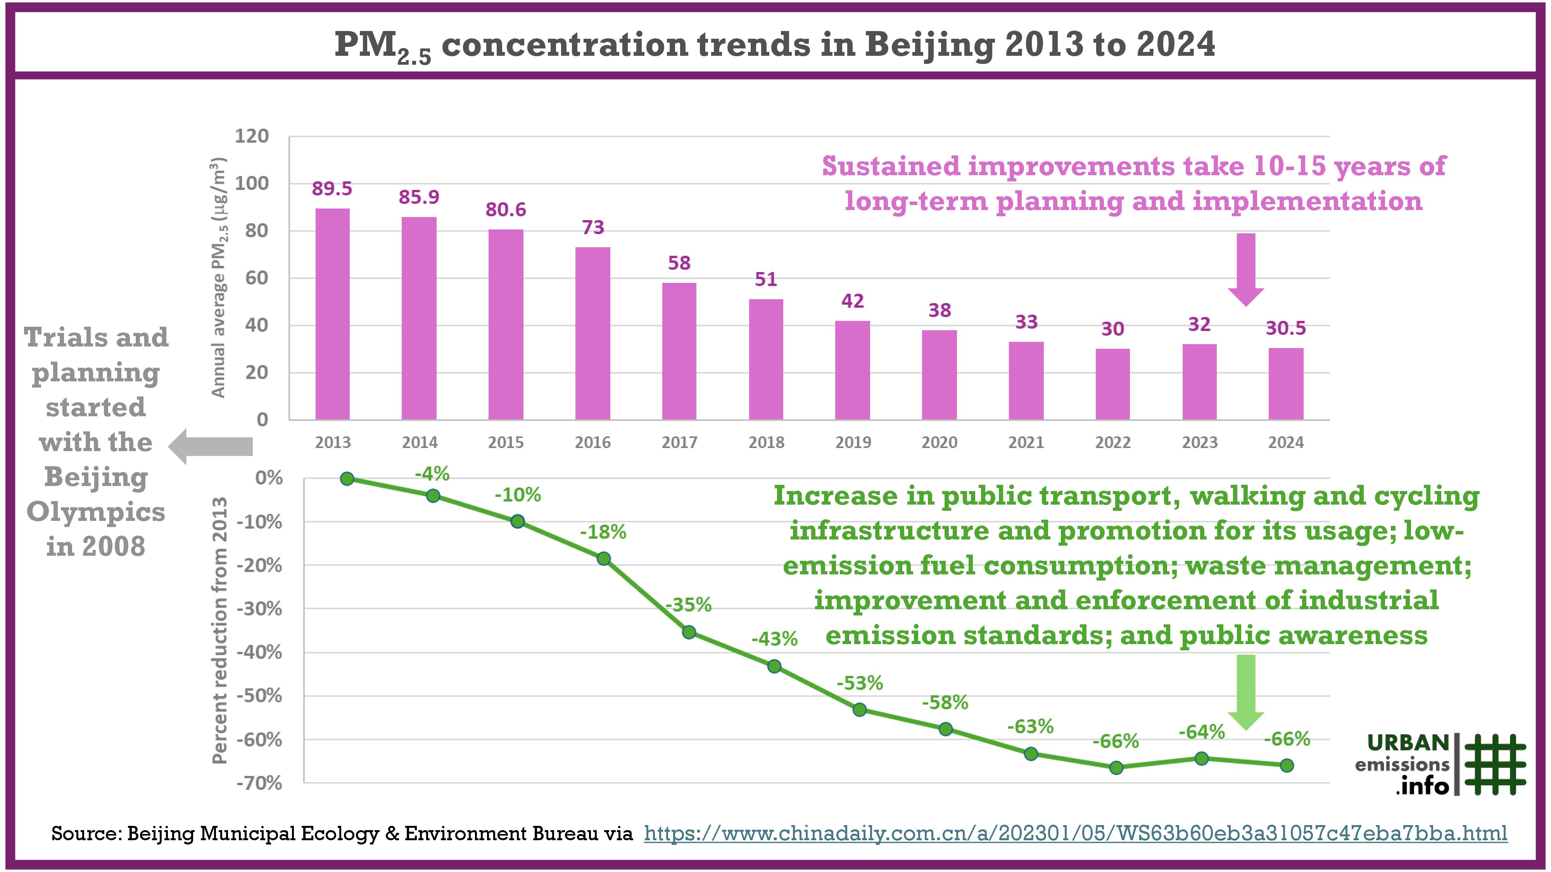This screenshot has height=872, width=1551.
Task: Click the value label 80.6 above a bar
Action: click(506, 209)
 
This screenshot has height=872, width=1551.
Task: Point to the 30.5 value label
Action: click(1285, 328)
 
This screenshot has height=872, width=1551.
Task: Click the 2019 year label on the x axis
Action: click(853, 442)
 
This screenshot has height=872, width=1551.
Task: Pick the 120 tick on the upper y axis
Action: click(252, 136)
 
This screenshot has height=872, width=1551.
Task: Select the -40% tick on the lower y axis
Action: click(259, 652)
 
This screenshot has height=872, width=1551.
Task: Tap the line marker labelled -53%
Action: click(860, 710)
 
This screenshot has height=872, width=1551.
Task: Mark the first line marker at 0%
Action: click(347, 478)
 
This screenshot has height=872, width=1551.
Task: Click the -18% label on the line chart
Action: click(603, 532)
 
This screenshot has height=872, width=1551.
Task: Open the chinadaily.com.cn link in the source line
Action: click(1075, 834)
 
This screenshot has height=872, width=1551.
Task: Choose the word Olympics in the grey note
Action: click(96, 512)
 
